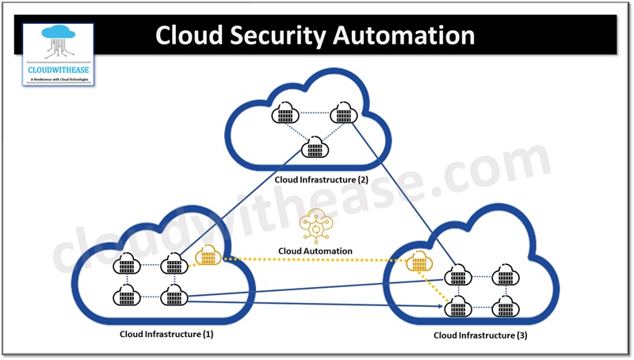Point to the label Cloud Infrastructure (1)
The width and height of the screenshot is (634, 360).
[166, 334]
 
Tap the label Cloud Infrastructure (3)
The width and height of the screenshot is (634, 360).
[479, 336]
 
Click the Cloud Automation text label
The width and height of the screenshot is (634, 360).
[315, 251]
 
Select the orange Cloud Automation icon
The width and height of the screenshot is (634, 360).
[314, 227]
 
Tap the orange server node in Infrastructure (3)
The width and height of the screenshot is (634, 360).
[417, 263]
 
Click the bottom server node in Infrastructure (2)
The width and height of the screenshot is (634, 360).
[315, 147]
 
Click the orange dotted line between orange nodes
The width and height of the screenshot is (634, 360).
[309, 260]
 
